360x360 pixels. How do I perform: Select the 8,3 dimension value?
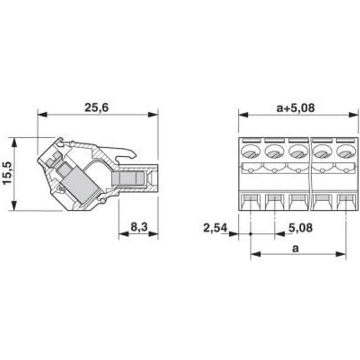coord(139,227)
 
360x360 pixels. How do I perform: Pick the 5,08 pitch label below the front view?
coord(300,228)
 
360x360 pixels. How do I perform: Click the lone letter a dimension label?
coord(295,248)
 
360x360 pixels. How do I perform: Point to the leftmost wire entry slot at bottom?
coord(250,202)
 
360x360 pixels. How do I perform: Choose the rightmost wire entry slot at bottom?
coord(346,202)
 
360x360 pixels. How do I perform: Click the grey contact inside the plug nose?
coord(127,179)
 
